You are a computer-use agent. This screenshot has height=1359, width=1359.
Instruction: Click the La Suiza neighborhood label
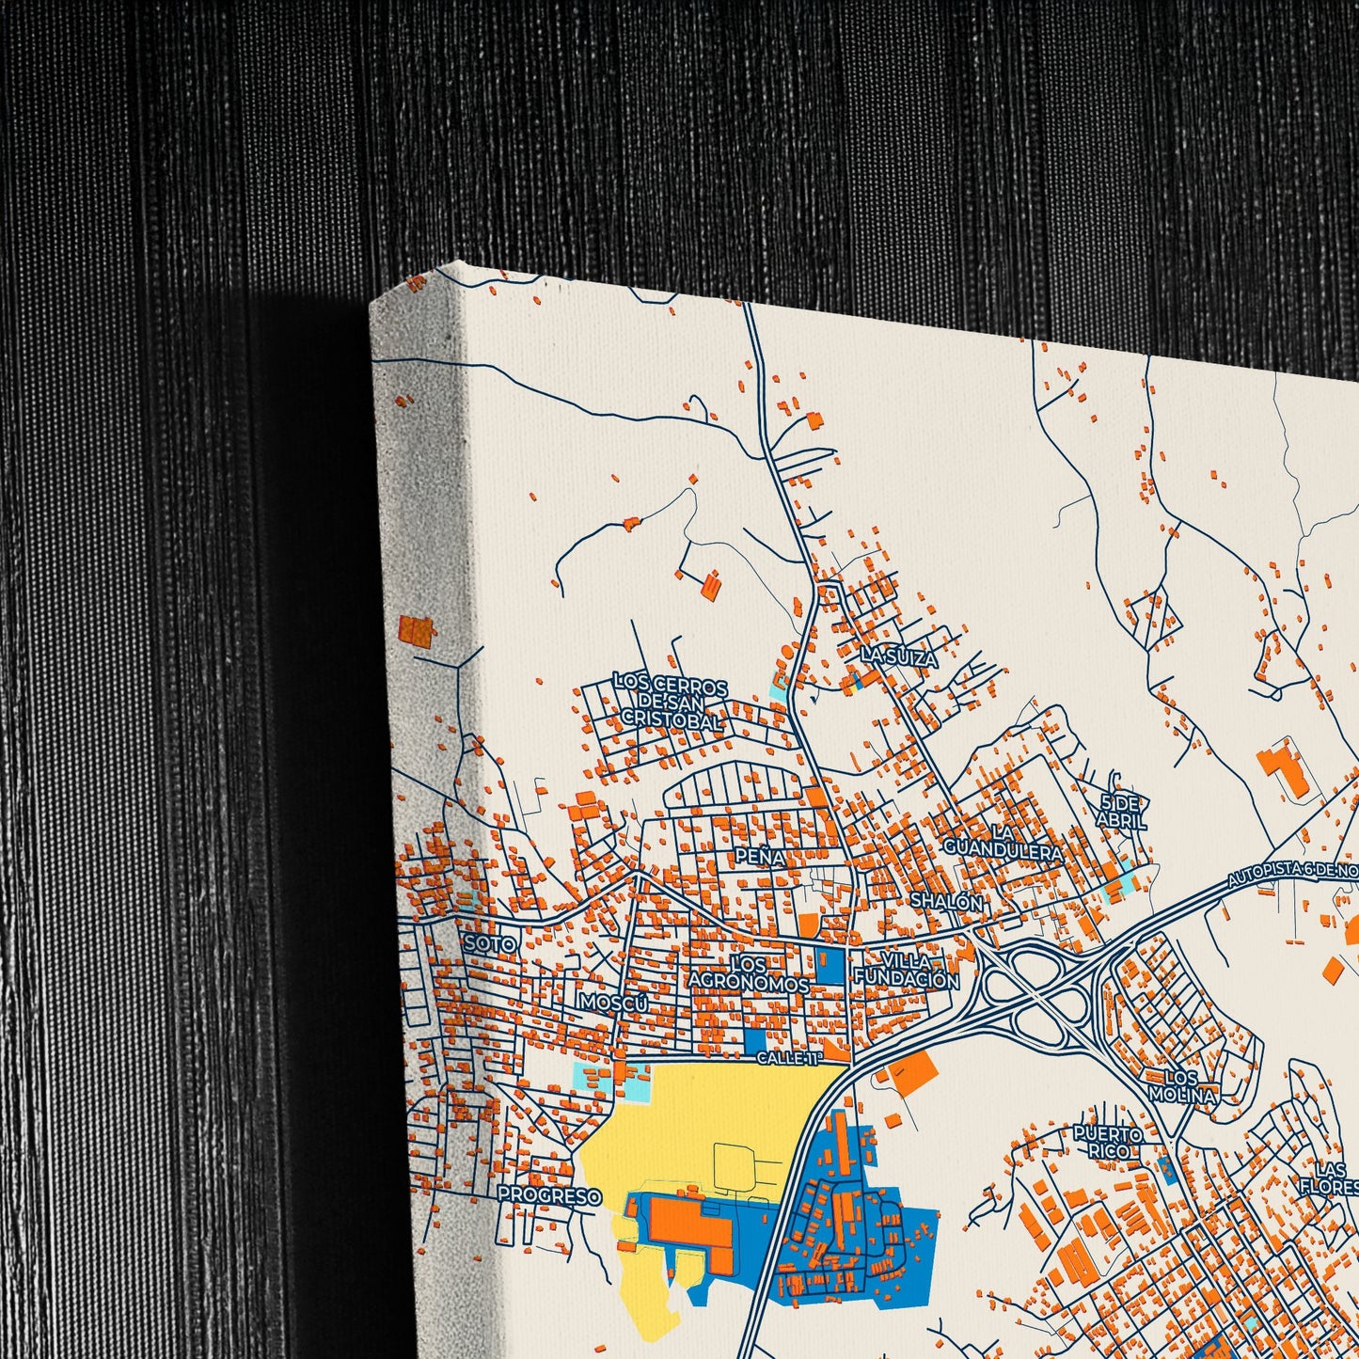(899, 657)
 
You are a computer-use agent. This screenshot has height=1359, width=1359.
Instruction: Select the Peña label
(760, 857)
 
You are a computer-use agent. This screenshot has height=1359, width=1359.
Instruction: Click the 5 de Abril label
(1121, 812)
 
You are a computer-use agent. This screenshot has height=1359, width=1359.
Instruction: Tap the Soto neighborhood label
(490, 943)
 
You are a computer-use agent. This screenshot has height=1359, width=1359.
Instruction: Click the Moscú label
(614, 1003)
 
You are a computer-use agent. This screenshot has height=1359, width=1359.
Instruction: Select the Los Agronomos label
(750, 973)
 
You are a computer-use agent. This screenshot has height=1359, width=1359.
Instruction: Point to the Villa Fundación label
(907, 971)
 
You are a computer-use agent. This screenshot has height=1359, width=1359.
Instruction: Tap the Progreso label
(549, 1194)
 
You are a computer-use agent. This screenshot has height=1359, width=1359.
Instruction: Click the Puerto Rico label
(1108, 1143)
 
